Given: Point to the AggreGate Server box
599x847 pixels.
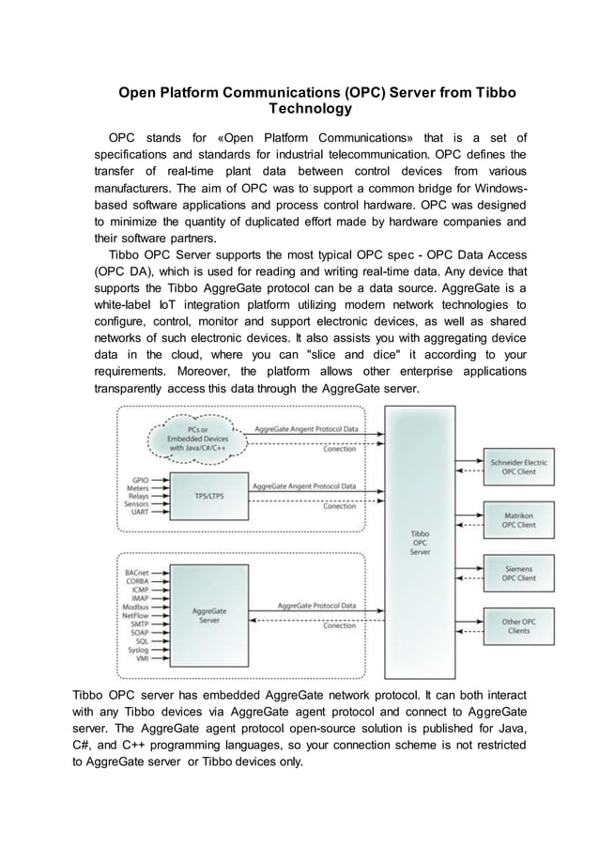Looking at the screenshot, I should coord(207,616).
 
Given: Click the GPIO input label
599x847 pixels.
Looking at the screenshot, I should coord(138,479).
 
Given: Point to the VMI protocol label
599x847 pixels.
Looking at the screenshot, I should coord(140,660).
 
